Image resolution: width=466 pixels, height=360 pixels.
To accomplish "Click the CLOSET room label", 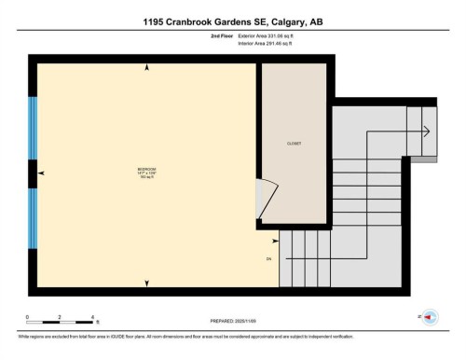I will coord(295,144).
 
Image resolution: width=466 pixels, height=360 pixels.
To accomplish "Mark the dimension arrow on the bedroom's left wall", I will coord(41,174).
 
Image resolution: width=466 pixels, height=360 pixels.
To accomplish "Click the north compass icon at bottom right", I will coord(431,318).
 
